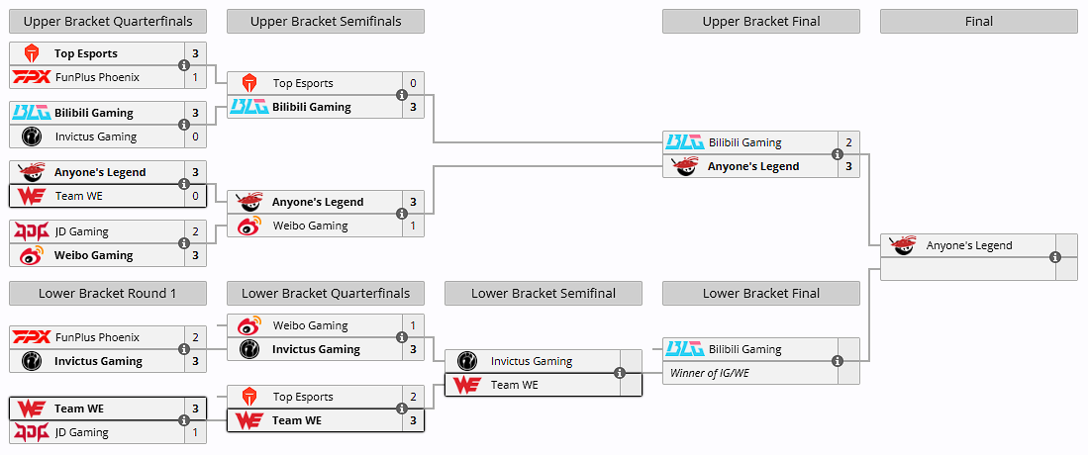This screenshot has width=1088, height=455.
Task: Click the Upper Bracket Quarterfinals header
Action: point(108,22)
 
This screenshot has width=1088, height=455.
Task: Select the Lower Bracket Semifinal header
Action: point(544,293)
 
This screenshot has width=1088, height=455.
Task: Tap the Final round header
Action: point(978,22)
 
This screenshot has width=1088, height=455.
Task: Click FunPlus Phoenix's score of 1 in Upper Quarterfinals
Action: point(195,77)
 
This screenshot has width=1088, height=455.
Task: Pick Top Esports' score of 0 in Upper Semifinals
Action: point(413,83)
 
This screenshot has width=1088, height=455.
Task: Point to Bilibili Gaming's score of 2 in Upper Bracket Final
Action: point(848,142)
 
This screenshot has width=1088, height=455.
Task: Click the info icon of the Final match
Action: point(1055,257)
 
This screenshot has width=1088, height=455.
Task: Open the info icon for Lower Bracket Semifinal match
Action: point(620,373)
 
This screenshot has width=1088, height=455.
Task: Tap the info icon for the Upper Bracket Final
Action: point(838,154)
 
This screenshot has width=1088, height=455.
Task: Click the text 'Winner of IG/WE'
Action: point(710,373)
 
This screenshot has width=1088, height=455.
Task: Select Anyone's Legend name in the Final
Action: point(969,245)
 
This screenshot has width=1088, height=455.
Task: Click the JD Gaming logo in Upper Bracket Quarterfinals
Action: point(31,231)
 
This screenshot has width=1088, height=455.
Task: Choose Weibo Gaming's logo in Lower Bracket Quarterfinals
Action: point(248,325)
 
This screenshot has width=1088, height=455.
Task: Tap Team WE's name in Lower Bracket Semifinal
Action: point(515,385)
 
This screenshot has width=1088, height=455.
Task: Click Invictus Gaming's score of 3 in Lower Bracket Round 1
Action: point(195,361)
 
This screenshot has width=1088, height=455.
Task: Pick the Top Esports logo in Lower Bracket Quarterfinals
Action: point(248,397)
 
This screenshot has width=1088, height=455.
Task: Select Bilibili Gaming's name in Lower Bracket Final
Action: point(744,349)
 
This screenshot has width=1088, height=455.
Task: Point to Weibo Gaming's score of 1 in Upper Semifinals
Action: point(413,226)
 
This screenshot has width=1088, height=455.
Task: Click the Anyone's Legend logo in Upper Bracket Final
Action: point(684,166)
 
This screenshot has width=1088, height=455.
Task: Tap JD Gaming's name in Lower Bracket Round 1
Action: point(81,432)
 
